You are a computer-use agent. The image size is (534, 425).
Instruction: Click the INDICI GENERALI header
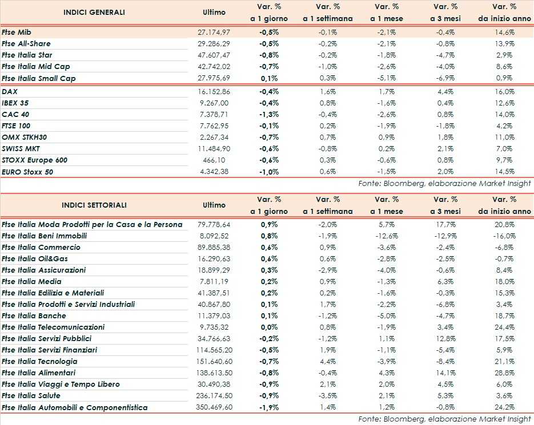coord(94,12)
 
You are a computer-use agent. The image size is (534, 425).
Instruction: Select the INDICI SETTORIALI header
coord(94,205)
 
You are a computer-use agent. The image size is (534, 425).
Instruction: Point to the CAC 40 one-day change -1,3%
coord(268,114)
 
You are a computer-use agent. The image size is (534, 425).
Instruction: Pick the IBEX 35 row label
coord(16,103)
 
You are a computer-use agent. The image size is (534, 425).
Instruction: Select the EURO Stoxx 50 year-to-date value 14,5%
coord(504,172)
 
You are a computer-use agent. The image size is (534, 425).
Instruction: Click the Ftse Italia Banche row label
coord(34,315)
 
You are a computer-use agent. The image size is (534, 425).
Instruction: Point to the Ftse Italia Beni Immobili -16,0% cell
coord(504,236)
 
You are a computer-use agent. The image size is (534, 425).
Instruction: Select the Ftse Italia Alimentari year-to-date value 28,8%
coord(504,373)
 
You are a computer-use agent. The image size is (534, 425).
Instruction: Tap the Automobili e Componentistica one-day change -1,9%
coord(268,407)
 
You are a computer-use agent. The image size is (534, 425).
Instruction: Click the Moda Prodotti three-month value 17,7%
coord(445,224)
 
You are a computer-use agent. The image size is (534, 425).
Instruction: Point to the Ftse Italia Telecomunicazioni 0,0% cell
coord(268,327)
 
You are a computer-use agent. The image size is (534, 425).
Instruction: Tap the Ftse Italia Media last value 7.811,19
coord(214,281)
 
